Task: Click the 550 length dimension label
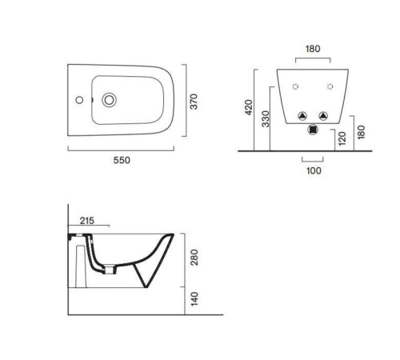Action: [x=122, y=160]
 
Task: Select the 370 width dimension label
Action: [x=194, y=102]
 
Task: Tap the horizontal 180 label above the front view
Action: [x=313, y=49]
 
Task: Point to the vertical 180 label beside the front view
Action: [x=361, y=132]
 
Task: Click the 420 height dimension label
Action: [x=249, y=107]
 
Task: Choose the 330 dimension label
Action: [x=266, y=119]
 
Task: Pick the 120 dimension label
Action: [x=342, y=138]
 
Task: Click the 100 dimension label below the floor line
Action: [x=314, y=170]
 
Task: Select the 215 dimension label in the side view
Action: [x=87, y=221]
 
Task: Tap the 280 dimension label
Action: [x=195, y=258]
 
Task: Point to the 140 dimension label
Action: [x=195, y=298]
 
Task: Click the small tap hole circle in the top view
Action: [x=79, y=100]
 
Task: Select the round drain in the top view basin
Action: [x=109, y=100]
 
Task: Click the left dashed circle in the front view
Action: [x=295, y=86]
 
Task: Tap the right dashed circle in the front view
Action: [x=330, y=86]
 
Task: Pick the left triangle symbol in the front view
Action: [x=302, y=116]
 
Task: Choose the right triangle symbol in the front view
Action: [x=323, y=116]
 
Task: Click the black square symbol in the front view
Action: [x=313, y=130]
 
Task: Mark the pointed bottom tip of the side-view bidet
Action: [x=146, y=287]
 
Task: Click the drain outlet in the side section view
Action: [x=110, y=270]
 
